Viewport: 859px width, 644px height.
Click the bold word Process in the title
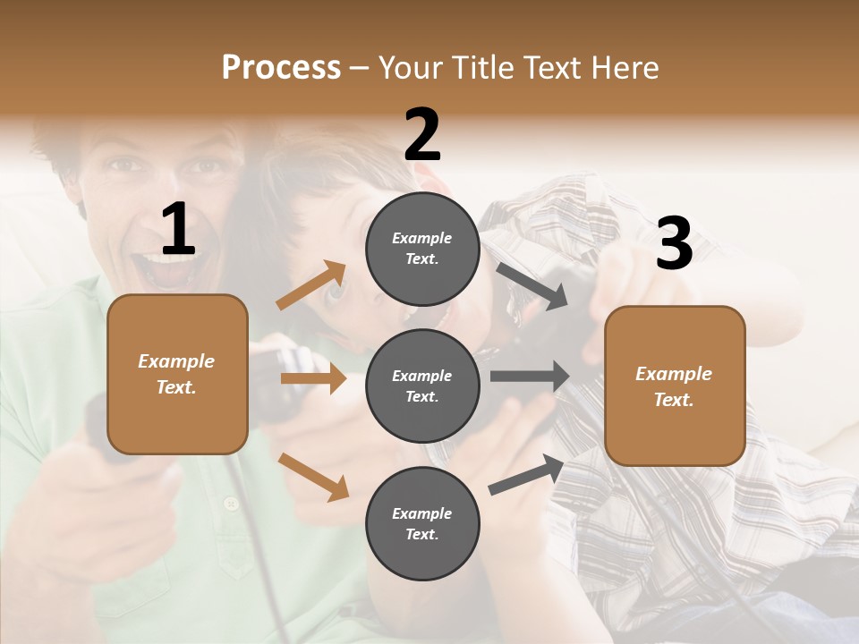[281, 67]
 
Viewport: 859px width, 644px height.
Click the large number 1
[178, 229]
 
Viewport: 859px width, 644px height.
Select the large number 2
[422, 135]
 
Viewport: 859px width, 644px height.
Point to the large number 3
[674, 244]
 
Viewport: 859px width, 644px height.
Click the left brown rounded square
[177, 374]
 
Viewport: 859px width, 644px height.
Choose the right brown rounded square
[675, 386]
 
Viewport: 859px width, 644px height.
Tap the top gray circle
[422, 249]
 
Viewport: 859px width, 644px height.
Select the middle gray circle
[422, 386]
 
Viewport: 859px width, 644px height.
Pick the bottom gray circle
[422, 523]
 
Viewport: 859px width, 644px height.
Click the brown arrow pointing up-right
[311, 284]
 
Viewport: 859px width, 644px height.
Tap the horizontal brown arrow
[313, 378]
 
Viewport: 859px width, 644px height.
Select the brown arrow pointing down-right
[313, 476]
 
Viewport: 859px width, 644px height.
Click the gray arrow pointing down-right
[532, 286]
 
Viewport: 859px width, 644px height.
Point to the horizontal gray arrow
[529, 376]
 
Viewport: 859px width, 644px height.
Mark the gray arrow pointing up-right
[527, 474]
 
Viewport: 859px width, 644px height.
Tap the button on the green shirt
[232, 505]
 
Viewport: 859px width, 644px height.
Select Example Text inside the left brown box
[177, 374]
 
